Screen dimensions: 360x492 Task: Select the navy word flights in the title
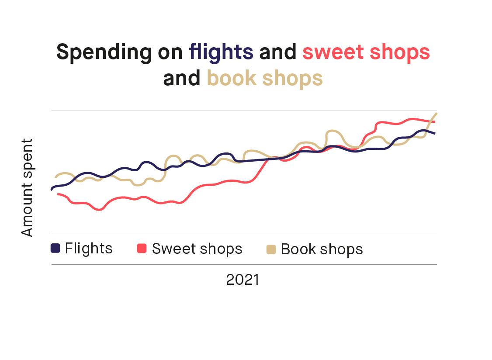pos(221,52)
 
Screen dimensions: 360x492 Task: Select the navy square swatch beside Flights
pos(55,248)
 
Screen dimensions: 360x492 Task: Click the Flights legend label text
pos(89,248)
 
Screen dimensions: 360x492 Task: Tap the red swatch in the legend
pos(142,248)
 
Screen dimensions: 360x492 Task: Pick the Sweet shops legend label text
pos(197,249)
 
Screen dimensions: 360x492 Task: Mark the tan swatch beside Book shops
pos(271,249)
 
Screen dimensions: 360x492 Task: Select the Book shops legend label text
pos(322,249)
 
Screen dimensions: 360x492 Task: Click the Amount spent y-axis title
pos(27,187)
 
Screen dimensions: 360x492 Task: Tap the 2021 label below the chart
pos(243,280)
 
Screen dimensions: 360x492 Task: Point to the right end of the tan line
pos(436,114)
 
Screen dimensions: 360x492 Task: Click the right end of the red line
pos(434,121)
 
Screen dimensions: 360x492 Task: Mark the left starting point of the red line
pos(58,194)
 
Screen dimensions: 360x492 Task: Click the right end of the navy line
pos(434,133)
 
